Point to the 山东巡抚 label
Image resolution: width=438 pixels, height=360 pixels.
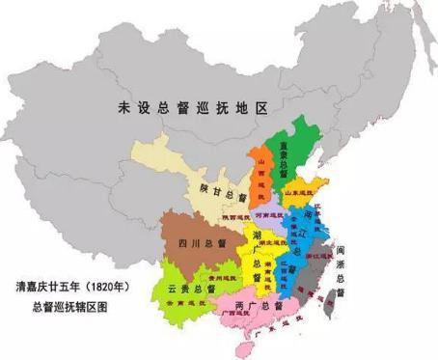pos(307,193)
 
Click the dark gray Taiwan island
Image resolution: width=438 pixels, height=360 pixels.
pos(337,300)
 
